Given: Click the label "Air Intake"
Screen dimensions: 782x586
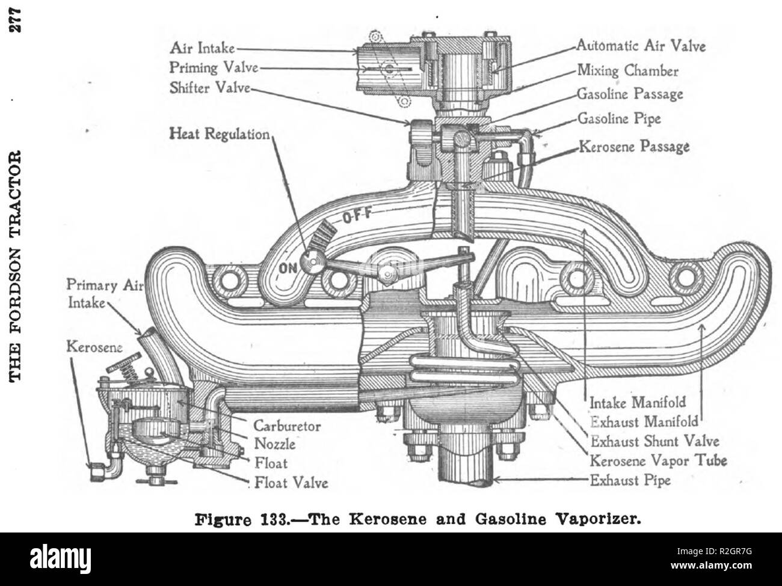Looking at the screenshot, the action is click(x=202, y=47).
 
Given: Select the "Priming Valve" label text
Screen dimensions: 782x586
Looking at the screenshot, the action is click(x=214, y=67).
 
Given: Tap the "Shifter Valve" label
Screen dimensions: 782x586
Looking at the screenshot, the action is click(x=210, y=88).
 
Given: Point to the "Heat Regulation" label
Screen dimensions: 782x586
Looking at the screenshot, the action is click(x=220, y=134).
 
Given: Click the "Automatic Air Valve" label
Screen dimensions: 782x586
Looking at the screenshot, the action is click(x=641, y=46).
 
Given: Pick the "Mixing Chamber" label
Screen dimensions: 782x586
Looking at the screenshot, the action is click(x=628, y=70).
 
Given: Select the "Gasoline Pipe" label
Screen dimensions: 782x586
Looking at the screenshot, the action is click(x=619, y=118).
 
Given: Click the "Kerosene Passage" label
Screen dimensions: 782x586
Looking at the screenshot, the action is click(x=634, y=147).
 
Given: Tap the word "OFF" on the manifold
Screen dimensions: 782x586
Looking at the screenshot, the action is click(x=357, y=215).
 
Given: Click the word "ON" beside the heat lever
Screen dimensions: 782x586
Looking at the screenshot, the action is click(x=288, y=268).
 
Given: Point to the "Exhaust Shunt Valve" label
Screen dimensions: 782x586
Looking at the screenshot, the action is click(x=655, y=442).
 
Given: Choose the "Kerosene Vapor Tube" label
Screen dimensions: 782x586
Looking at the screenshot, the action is click(x=658, y=461).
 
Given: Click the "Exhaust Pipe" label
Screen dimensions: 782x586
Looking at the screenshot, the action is click(x=630, y=480).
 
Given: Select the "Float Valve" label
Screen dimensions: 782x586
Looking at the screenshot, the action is click(x=291, y=483).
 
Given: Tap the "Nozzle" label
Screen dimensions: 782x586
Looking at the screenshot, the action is click(x=275, y=444).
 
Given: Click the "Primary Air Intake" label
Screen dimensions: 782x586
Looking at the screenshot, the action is click(x=105, y=294).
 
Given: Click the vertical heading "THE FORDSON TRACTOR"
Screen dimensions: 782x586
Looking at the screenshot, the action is click(x=15, y=266).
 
